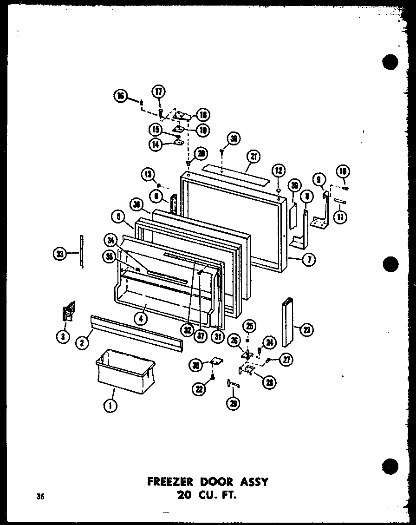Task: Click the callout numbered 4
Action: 118,216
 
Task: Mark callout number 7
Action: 309,260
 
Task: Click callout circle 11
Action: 342,217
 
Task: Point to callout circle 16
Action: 120,97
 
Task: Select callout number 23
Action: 306,330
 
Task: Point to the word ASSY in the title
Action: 251,481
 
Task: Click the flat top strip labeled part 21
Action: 237,172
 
